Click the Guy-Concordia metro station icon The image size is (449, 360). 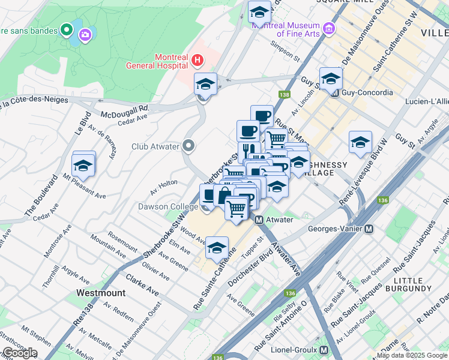334,93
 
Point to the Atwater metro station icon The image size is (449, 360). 259,220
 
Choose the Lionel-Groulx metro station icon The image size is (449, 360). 324,349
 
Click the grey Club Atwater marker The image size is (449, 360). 189,146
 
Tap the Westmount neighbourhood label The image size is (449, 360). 101,293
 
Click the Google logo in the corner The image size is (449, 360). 19,353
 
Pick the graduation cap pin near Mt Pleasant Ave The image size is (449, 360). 83,164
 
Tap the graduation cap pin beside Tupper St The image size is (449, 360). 217,248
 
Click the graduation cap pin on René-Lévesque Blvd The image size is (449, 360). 360,143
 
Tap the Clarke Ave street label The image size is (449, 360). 142,285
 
